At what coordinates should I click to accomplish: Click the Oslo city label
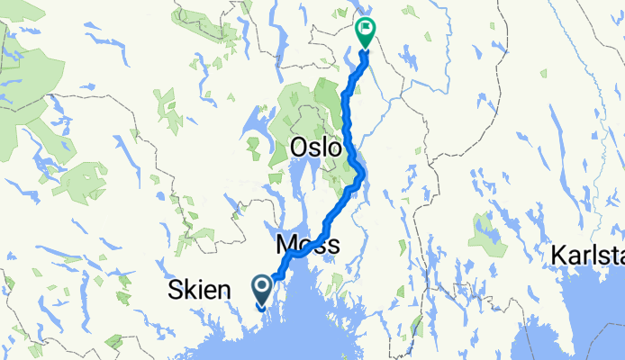pyautogui.click(x=315, y=147)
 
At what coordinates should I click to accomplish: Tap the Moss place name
pyautogui.click(x=307, y=244)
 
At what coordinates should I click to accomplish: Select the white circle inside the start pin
pyautogui.click(x=262, y=287)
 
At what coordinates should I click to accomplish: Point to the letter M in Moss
pyautogui.click(x=286, y=244)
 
